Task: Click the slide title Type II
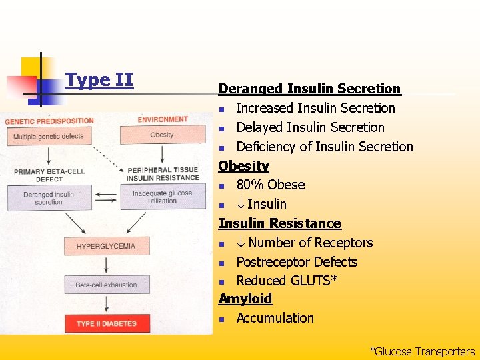tap(99, 81)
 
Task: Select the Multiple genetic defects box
tap(49, 137)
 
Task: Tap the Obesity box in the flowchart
tap(161, 135)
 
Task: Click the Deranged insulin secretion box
tap(49, 198)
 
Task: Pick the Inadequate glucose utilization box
tap(162, 197)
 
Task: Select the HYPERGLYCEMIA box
tap(105, 246)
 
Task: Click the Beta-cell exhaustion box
tap(105, 285)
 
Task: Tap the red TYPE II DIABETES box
tap(105, 323)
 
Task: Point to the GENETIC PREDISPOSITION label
tap(49, 121)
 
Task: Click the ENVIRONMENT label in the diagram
tap(163, 120)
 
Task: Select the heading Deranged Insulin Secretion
tap(309, 89)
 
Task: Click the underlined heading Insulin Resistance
tap(279, 223)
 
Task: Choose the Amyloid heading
tap(245, 299)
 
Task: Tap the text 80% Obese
tap(270, 185)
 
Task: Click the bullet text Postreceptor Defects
tap(297, 262)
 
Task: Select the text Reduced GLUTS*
tap(287, 281)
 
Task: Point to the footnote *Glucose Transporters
tap(422, 351)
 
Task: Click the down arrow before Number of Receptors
tap(241, 243)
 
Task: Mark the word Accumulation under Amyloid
tap(275, 318)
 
